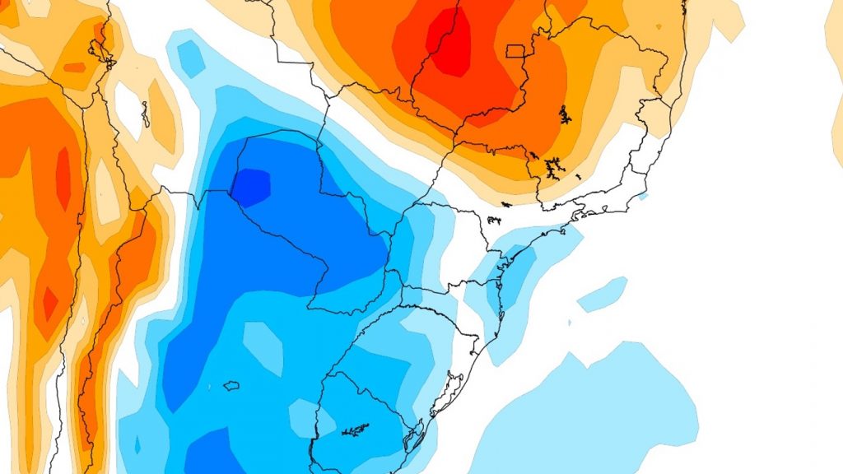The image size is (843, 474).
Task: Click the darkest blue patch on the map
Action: [251, 185]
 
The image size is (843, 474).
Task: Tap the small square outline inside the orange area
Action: [515, 51]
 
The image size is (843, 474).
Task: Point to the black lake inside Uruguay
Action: [356, 430]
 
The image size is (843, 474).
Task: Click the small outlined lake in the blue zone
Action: [231, 385]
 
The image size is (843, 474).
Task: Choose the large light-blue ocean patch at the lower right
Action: [593, 411]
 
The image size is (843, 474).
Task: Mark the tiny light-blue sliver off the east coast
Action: [642, 196]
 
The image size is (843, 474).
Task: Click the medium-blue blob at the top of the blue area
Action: [189, 54]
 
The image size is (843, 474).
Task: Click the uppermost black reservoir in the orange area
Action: [565, 114]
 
